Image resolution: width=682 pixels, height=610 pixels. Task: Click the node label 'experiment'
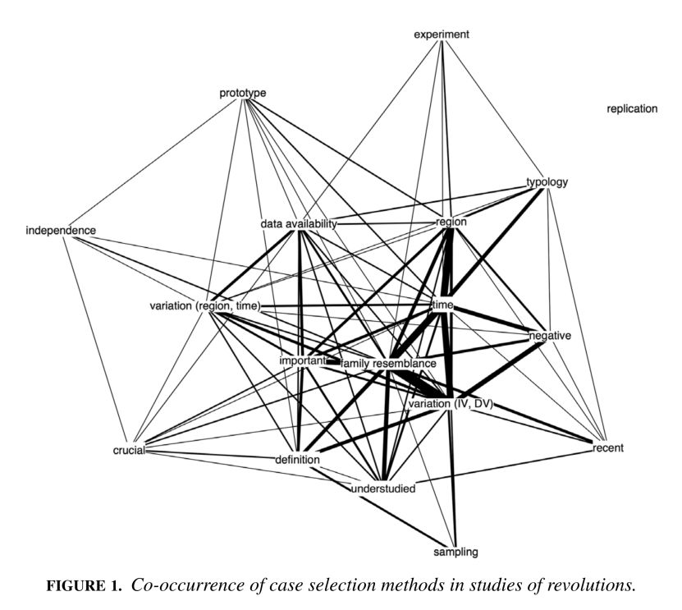coord(442,34)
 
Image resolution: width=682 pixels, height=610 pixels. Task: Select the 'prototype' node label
coord(243,93)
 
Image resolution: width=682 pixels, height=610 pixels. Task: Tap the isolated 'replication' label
coord(632,108)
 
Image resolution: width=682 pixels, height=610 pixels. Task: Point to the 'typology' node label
coord(547,182)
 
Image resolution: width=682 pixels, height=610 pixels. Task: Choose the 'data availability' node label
coord(300,223)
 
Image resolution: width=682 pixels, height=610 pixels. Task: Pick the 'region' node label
coord(451,222)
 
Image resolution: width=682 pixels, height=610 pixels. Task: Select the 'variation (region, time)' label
coord(205,306)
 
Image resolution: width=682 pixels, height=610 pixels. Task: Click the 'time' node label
coord(443,305)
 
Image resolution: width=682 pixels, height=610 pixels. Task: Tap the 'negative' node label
coord(550,337)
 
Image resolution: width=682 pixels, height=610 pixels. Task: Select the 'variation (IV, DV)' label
coord(450,404)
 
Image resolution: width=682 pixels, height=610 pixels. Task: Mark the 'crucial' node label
coord(129,451)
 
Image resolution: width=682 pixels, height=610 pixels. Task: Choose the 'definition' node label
coord(296,460)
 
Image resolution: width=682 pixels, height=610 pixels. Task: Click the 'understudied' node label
coord(383,489)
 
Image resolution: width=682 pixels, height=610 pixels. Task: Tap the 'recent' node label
coord(607,448)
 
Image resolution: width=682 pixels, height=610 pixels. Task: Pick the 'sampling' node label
coord(456,552)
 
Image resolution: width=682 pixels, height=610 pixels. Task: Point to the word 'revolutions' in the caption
coord(590,586)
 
